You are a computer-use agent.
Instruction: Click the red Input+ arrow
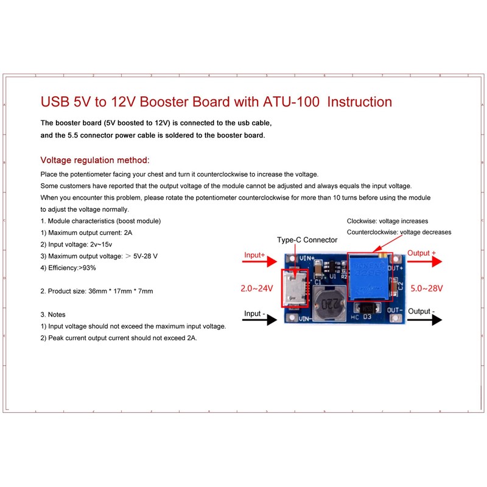(260, 262)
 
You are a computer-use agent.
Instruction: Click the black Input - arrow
(260, 320)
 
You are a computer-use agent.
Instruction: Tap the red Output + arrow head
(436, 262)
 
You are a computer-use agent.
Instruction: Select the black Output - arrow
(424, 320)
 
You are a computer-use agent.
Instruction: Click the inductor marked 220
(329, 303)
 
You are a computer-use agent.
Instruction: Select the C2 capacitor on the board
(393, 287)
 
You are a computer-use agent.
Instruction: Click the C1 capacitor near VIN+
(318, 269)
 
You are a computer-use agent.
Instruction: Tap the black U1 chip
(331, 267)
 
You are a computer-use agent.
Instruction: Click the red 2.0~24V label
(257, 289)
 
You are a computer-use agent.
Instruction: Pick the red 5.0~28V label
(427, 289)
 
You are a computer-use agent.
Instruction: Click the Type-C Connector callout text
(307, 240)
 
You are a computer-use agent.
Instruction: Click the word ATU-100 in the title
(291, 102)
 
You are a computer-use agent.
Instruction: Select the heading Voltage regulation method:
(95, 160)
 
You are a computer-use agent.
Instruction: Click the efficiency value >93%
(87, 268)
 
